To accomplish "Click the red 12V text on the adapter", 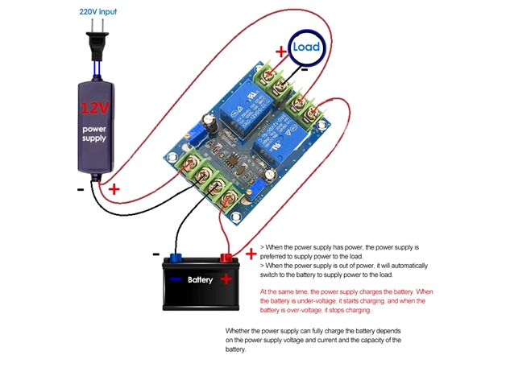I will (x=94, y=106).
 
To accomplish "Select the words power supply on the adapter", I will (x=94, y=134).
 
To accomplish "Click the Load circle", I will (x=306, y=47).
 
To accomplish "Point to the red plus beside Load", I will (x=280, y=51).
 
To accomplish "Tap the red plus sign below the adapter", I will (x=114, y=190).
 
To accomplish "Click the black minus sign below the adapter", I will (x=81, y=190).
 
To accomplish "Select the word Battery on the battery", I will (x=199, y=280).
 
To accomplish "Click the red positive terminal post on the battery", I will (x=226, y=258).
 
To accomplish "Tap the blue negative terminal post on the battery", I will (x=174, y=258).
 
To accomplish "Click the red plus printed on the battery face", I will (x=227, y=279).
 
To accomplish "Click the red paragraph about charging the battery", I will (x=347, y=299).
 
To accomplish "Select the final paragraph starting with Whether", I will (x=314, y=340).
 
